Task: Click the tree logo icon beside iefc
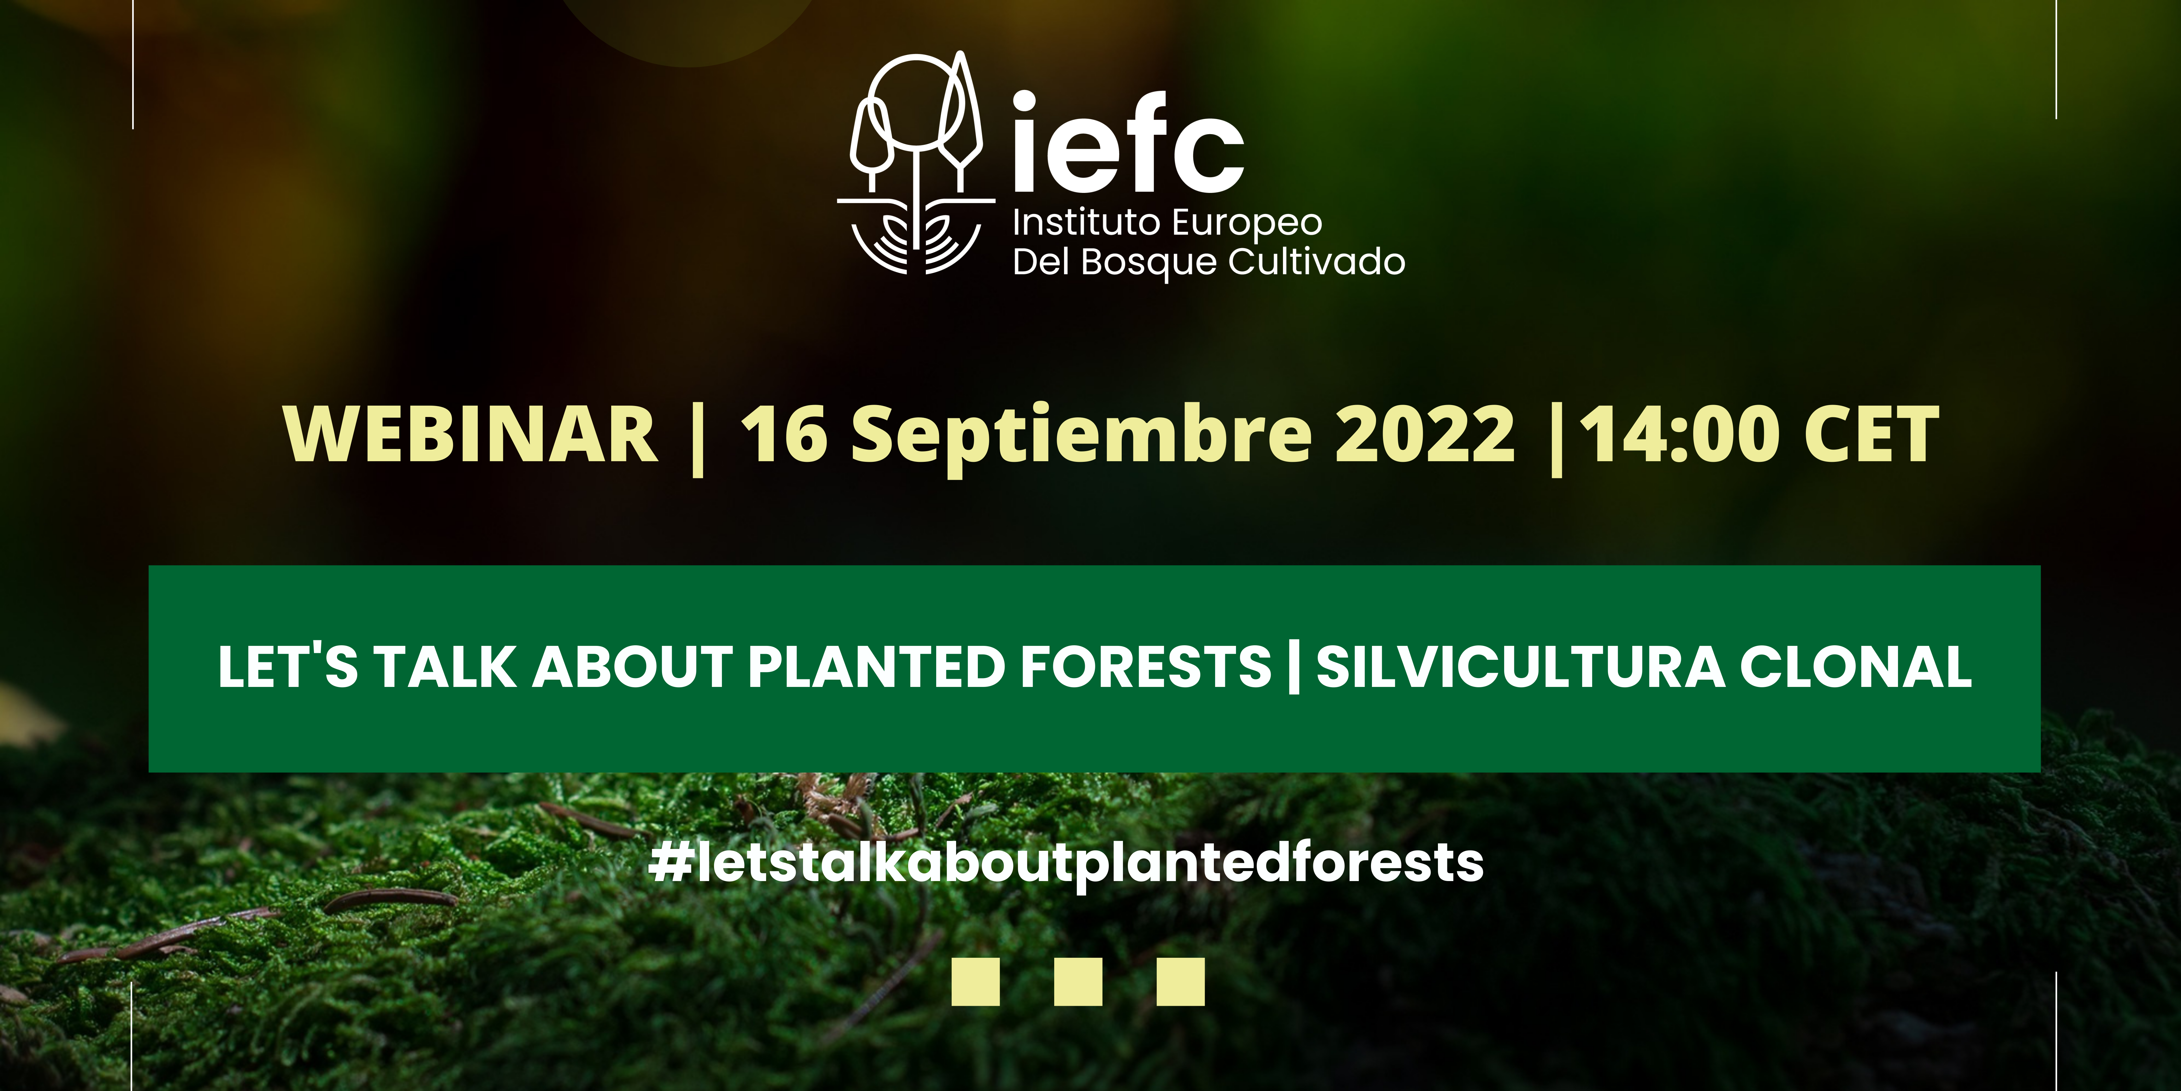point(916,163)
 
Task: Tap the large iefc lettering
point(1128,142)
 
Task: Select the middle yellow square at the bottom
point(1078,982)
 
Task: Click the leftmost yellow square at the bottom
point(975,982)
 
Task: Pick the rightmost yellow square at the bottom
point(1180,982)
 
